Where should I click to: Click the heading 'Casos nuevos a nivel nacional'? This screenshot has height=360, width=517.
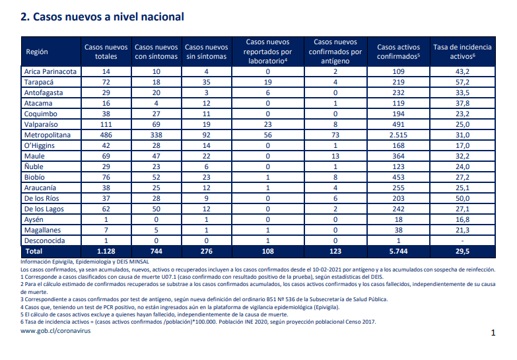click(108, 17)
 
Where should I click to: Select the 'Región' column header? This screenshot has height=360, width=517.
click(37, 52)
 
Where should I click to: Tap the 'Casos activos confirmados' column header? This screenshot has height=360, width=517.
click(398, 52)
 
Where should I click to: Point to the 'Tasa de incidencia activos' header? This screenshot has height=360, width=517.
click(462, 52)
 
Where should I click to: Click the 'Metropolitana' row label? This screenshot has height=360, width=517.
click(48, 135)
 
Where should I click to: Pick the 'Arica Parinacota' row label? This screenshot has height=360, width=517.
click(50, 71)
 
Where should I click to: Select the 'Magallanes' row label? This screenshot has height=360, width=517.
click(42, 230)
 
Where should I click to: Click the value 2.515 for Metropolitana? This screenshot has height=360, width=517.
click(398, 135)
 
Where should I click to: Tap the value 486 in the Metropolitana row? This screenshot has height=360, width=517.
click(106, 135)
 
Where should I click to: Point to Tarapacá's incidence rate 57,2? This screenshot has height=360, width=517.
click(462, 82)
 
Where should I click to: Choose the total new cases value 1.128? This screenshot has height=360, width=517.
click(106, 251)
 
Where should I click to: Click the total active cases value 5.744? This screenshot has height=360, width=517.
click(398, 251)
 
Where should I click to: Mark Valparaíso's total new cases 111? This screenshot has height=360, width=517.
click(106, 124)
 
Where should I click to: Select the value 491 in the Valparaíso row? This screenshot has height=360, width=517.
click(398, 124)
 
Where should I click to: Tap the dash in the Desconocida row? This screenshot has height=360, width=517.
click(462, 240)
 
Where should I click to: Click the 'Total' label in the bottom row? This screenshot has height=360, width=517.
click(34, 251)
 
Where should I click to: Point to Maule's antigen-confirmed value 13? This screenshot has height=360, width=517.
click(335, 156)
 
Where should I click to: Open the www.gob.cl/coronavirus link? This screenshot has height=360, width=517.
click(55, 331)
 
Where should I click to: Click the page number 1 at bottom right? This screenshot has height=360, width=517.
click(493, 333)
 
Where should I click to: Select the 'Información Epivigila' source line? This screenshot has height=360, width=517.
click(85, 262)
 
